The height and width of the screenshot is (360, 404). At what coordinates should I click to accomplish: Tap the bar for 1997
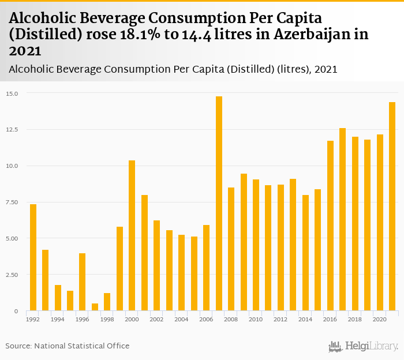tap(95, 307)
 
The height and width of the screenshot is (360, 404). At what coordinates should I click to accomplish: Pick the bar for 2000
tap(132, 235)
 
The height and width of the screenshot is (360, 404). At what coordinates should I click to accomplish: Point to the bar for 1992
tap(33, 257)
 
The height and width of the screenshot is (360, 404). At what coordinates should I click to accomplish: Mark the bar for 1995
tap(70, 301)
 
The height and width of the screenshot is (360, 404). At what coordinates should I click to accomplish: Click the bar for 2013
tap(293, 245)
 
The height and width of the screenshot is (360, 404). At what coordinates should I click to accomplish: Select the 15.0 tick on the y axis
tap(12, 93)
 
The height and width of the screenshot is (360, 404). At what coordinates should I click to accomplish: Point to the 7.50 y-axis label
tap(12, 202)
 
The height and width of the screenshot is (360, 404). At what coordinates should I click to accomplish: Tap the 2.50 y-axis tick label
tap(12, 275)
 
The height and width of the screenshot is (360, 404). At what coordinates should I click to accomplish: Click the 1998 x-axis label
tap(107, 319)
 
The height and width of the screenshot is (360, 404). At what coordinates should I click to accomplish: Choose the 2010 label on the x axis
tap(256, 319)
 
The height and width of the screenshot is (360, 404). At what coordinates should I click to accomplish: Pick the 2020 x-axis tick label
tap(380, 319)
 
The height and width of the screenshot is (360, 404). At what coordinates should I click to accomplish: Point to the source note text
tap(68, 346)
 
